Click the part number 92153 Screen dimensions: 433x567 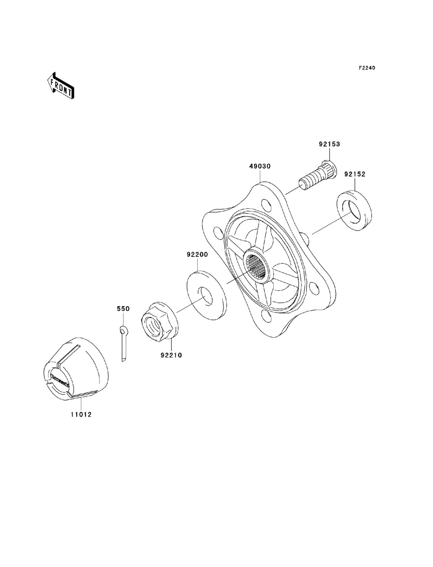point(329,144)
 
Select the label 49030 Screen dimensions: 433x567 point(260,166)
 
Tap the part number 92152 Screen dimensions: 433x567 point(355,175)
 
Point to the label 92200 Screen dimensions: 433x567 point(197,255)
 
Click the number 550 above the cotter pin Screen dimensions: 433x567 point(123,309)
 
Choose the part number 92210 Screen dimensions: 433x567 point(171,355)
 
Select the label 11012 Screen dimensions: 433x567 point(81,415)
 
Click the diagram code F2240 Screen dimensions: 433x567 point(367,68)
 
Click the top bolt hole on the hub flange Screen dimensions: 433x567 point(266,205)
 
